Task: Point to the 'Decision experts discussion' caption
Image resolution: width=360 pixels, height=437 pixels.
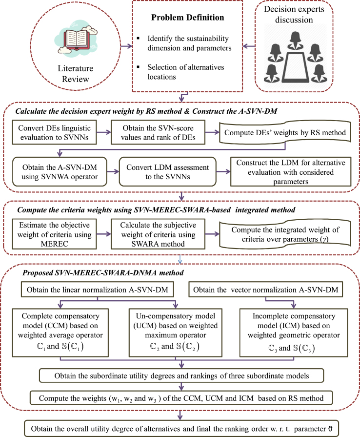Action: pyautogui.click(x=308, y=15)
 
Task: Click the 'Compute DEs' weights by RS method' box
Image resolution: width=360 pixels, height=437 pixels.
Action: pyautogui.click(x=284, y=131)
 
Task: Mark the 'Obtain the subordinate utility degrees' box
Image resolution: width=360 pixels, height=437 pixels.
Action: pyautogui.click(x=180, y=375)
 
